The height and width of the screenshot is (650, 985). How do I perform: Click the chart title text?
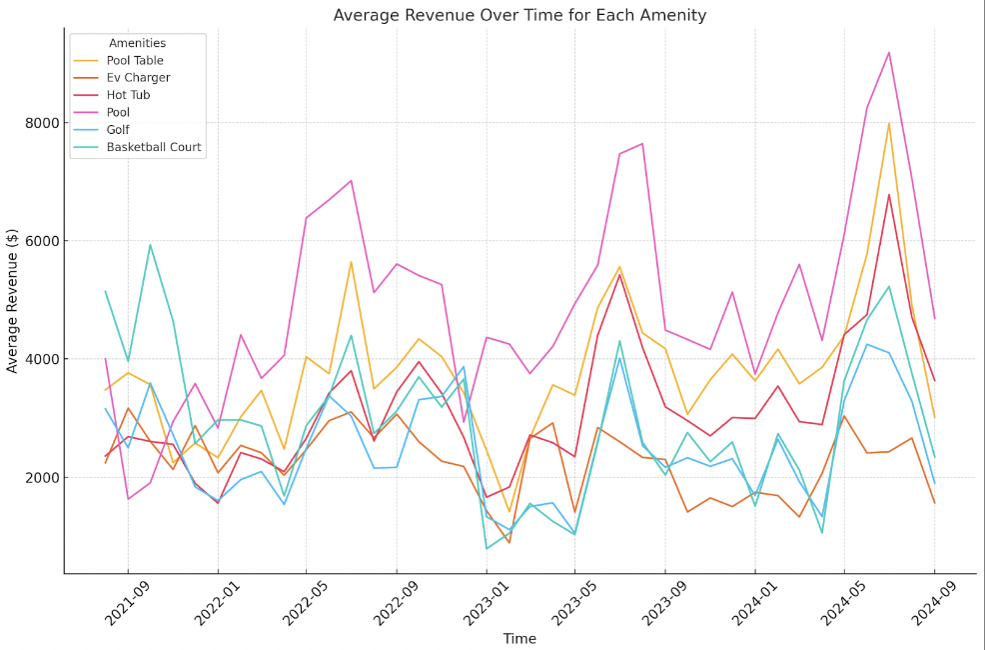(x=519, y=15)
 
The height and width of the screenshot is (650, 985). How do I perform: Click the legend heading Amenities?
(x=137, y=43)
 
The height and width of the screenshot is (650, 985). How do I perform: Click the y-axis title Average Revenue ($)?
(x=13, y=299)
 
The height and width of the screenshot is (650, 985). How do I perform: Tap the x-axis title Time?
(x=519, y=639)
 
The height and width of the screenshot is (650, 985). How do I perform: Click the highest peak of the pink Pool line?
(x=889, y=52)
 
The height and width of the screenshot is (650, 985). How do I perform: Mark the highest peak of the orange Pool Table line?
(x=889, y=123)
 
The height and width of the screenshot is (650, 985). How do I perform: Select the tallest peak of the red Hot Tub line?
(x=889, y=194)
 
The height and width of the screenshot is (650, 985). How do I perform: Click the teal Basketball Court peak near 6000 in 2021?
(x=150, y=245)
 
